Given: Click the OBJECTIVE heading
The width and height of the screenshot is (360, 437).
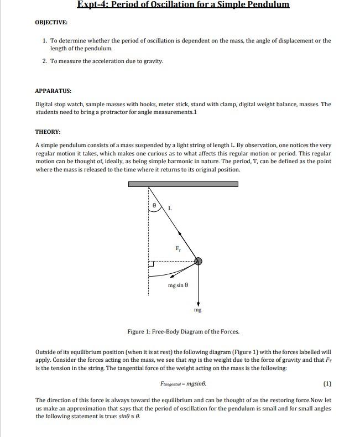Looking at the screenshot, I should tap(51, 22).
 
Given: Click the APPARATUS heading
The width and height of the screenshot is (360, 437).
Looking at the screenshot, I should tap(53, 90).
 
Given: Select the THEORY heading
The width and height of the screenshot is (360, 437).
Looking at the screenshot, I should tap(48, 132).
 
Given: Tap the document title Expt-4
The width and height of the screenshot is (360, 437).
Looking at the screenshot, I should tap(183, 5).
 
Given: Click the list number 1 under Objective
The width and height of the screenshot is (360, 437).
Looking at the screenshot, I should tap(45, 40).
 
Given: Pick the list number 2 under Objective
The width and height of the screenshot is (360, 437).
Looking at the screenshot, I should tap(45, 61).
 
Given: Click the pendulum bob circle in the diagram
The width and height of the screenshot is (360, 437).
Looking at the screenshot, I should tap(198, 261).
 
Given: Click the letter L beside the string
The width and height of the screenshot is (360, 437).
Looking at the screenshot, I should tap(170, 209).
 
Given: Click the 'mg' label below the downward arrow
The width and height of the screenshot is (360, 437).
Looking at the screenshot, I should tap(198, 310).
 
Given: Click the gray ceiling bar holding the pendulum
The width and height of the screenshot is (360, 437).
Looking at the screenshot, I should tap(183, 184).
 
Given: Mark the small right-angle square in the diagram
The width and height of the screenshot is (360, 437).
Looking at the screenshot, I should tap(151, 264).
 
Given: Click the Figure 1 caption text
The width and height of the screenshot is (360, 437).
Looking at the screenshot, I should tap(183, 331).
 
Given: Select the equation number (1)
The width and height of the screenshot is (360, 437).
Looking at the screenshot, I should tap(327, 383).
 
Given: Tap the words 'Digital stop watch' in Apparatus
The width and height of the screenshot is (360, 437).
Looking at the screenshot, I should tap(55, 104).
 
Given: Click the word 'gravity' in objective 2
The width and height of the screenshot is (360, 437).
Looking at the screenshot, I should tap(153, 61).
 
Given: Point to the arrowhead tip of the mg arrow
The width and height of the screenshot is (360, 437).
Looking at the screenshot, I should tap(198, 304).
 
